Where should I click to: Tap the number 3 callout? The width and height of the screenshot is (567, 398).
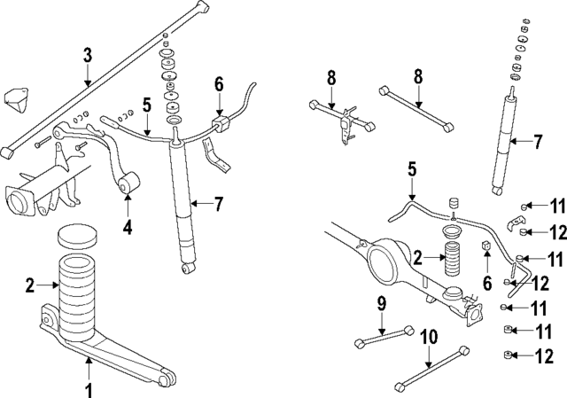click(87, 56)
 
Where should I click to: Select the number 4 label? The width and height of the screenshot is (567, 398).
click(128, 227)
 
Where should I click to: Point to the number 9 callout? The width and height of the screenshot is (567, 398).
click(381, 304)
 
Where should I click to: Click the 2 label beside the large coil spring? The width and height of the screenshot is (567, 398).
click(30, 285)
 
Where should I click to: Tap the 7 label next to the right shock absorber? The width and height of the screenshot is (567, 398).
click(538, 140)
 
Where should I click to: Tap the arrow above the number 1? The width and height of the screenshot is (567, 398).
click(89, 368)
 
